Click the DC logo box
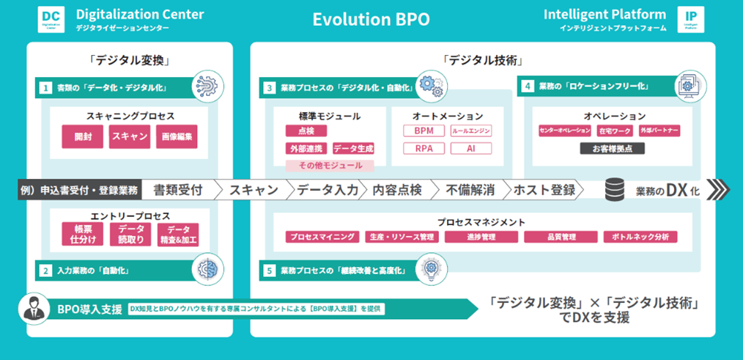point(50,18)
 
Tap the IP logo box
point(691,18)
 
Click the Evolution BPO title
point(371,19)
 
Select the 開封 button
point(83,137)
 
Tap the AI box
point(470,148)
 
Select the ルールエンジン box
point(470,131)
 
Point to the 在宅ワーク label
point(614,131)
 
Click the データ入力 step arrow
point(327,190)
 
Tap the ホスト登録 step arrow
point(544,190)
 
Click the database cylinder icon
point(614,190)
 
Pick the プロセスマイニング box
point(323,237)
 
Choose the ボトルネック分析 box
point(640,237)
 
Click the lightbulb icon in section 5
point(429,268)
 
